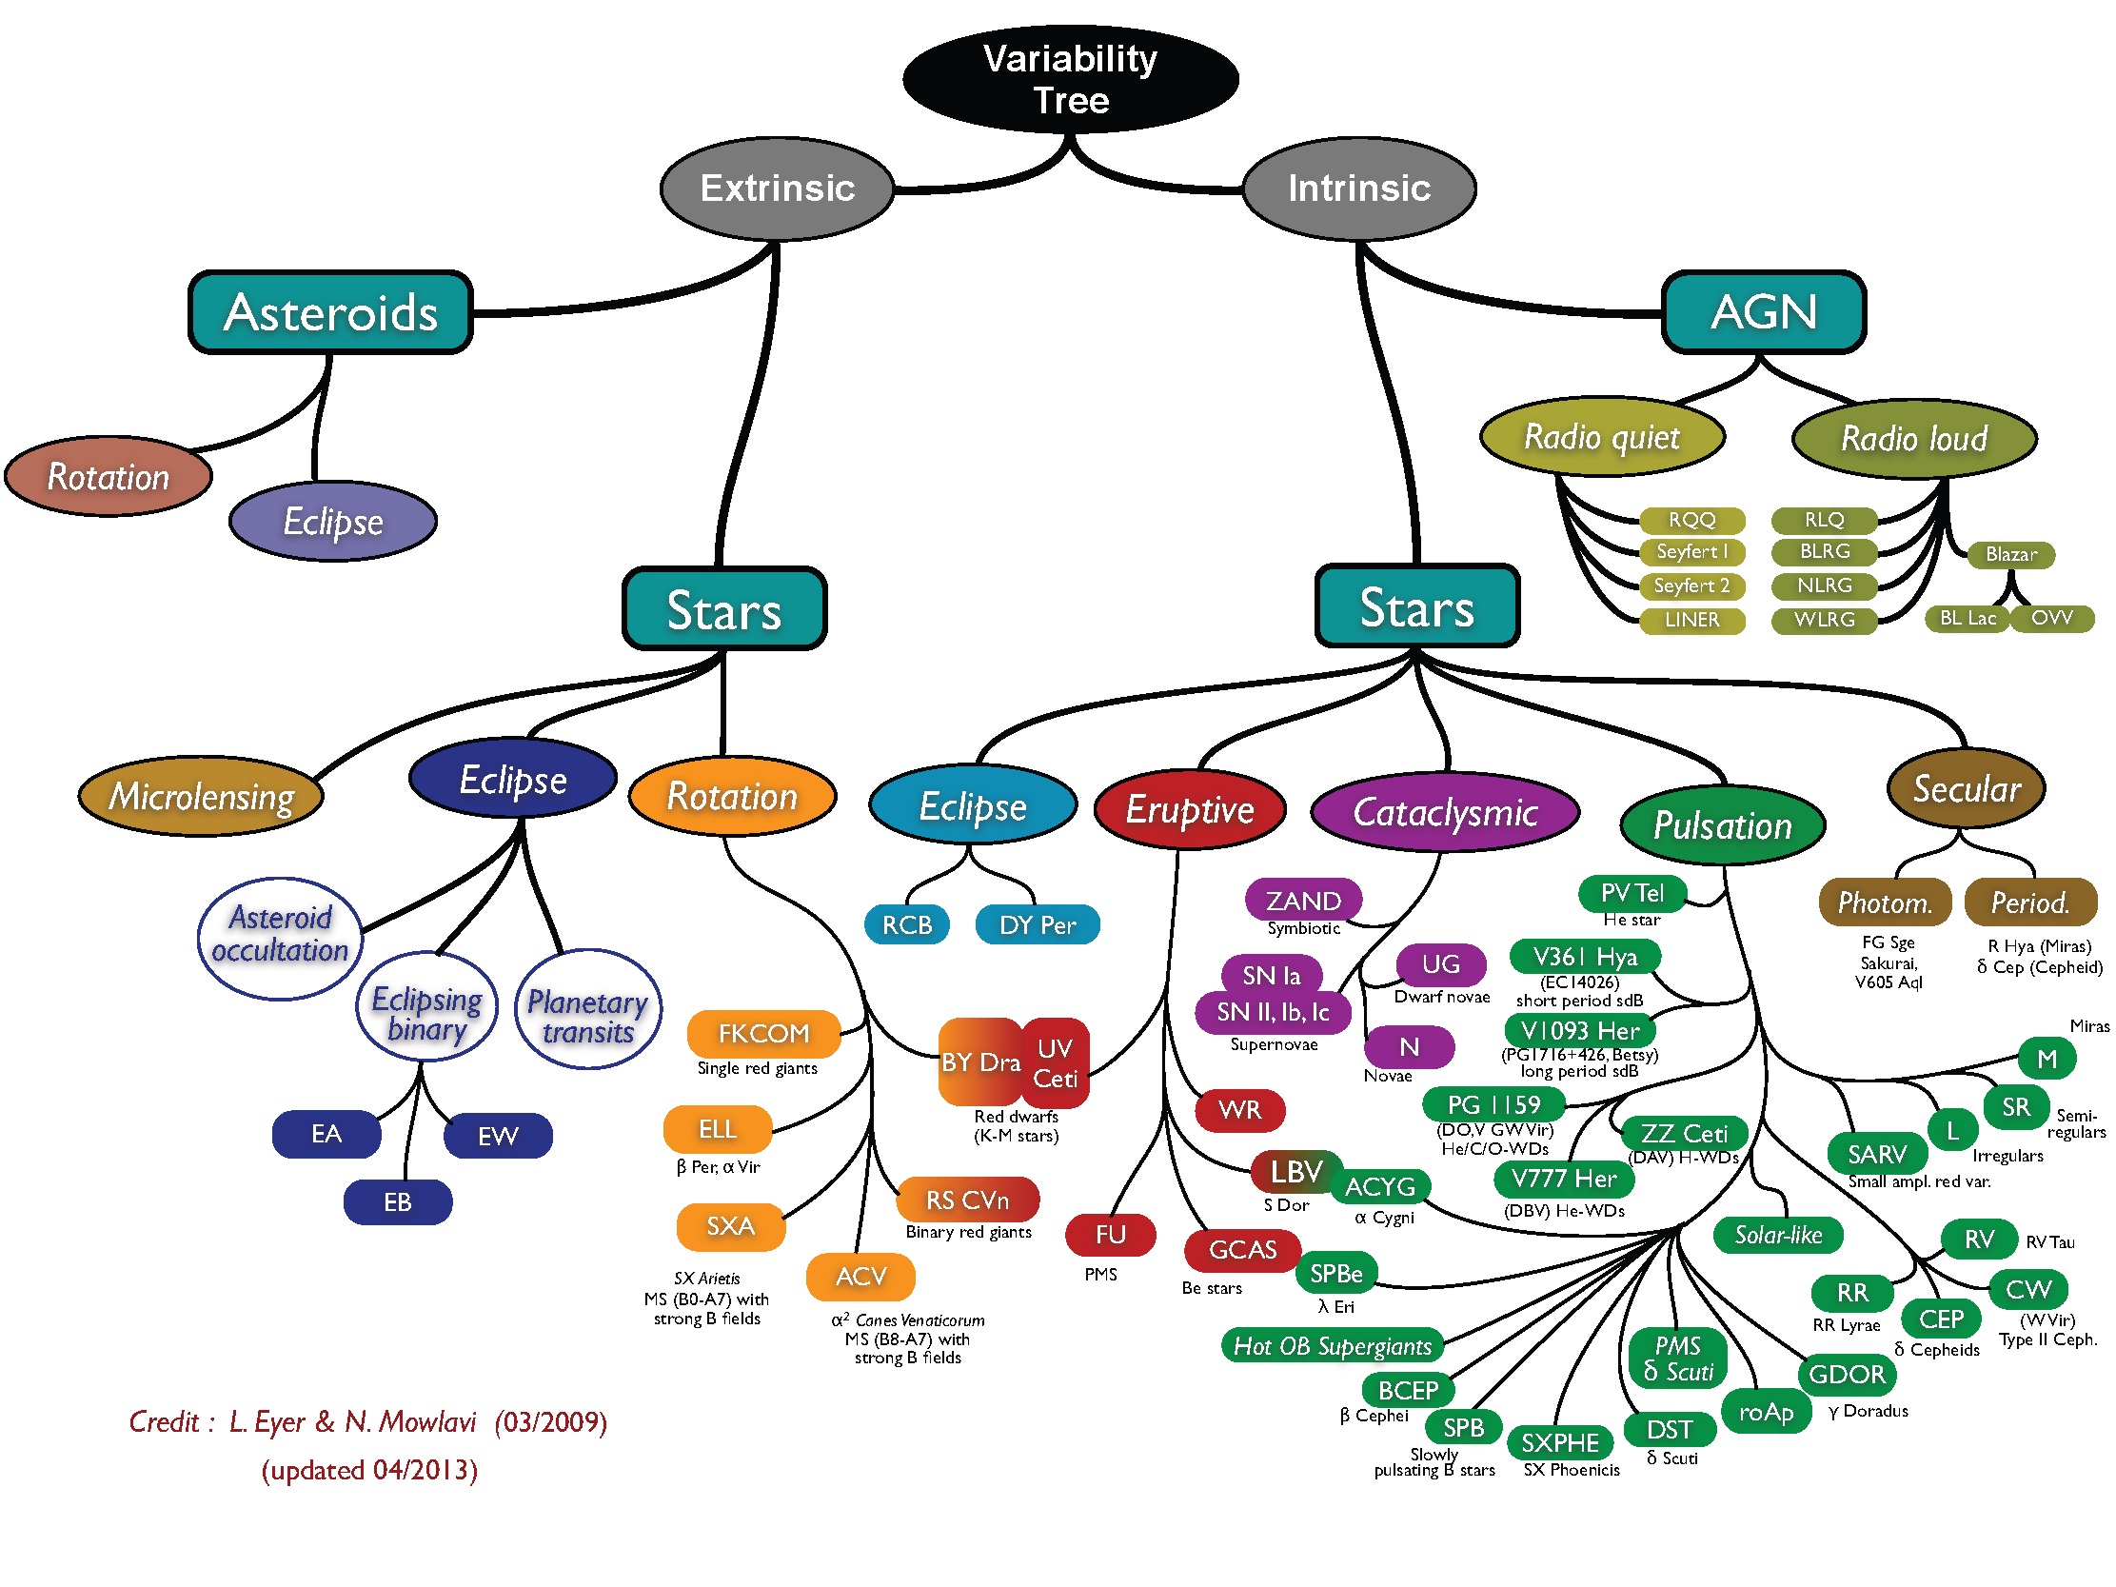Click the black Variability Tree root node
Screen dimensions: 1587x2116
[x=1070, y=79]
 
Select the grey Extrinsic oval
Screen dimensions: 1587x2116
[x=777, y=188]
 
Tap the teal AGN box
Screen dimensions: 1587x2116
[x=1763, y=312]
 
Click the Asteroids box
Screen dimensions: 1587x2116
[x=330, y=313]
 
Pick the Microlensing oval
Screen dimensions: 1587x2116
[x=201, y=796]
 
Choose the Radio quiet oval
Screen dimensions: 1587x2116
[x=1601, y=437]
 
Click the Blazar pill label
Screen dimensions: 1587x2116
[x=2010, y=555]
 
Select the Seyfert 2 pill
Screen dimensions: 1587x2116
[x=1691, y=585]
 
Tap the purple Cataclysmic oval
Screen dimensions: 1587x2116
[x=1445, y=812]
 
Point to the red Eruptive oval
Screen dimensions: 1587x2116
[x=1189, y=809]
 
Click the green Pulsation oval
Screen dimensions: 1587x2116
[x=1722, y=824]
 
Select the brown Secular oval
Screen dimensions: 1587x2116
[x=1966, y=789]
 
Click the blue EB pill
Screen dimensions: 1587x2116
[x=397, y=1201]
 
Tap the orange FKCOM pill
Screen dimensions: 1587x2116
[x=763, y=1033]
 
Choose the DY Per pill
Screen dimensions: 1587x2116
[x=1037, y=925]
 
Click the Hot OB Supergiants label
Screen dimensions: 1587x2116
[x=1332, y=1345]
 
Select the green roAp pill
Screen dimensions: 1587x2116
[x=1766, y=1412]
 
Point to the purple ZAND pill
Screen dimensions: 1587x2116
[x=1303, y=901]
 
